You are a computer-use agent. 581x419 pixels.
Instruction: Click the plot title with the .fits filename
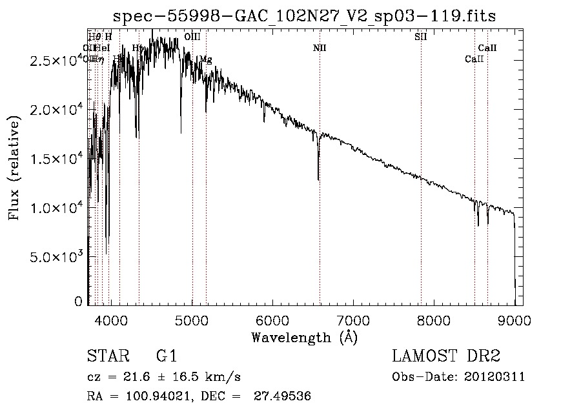(304, 16)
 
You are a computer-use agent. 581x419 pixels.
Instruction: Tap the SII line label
(420, 37)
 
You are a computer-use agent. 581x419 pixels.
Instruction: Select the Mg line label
(205, 59)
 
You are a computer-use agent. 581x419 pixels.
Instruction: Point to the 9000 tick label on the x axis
(515, 321)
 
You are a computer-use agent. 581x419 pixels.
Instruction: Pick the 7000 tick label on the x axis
(353, 321)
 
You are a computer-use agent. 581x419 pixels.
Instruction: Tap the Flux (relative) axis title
(14, 168)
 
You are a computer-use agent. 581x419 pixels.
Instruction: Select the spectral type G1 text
(166, 357)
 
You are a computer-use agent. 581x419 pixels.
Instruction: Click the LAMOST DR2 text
(446, 357)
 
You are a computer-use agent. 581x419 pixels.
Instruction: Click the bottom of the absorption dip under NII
(318, 179)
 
